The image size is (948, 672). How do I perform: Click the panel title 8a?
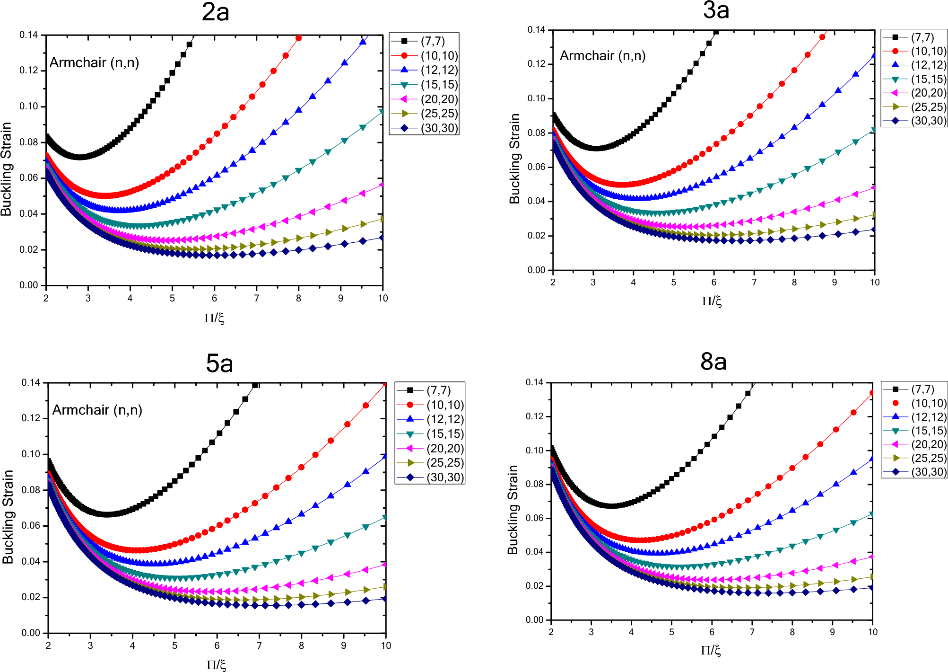(x=713, y=362)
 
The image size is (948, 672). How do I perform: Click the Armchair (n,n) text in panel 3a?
(x=602, y=56)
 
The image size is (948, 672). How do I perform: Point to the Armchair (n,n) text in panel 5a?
(x=97, y=410)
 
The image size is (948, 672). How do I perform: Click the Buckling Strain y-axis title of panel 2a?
(x=6, y=169)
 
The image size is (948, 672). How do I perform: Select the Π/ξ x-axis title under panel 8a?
(x=711, y=650)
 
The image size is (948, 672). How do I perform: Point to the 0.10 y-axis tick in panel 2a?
(x=29, y=106)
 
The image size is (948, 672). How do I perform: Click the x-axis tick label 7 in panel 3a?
(x=754, y=282)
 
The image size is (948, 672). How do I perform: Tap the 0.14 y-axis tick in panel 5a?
(x=31, y=382)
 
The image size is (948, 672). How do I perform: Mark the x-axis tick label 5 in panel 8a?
(x=671, y=632)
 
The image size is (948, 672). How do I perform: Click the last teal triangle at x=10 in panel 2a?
(x=382, y=112)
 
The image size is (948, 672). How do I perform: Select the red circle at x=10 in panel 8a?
(x=872, y=393)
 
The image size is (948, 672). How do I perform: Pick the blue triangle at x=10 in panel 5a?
(x=385, y=456)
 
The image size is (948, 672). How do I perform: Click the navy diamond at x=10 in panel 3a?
(x=874, y=230)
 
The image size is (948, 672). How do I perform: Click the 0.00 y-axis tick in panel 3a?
(x=536, y=270)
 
